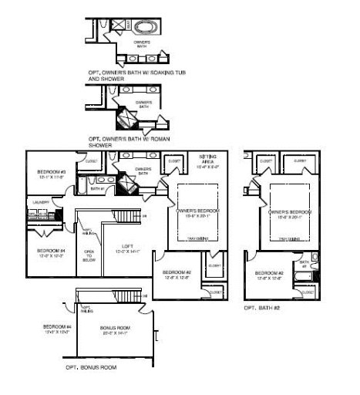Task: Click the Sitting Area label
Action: point(206,161)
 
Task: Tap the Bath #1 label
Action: point(97,188)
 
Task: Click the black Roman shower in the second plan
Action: point(124,119)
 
